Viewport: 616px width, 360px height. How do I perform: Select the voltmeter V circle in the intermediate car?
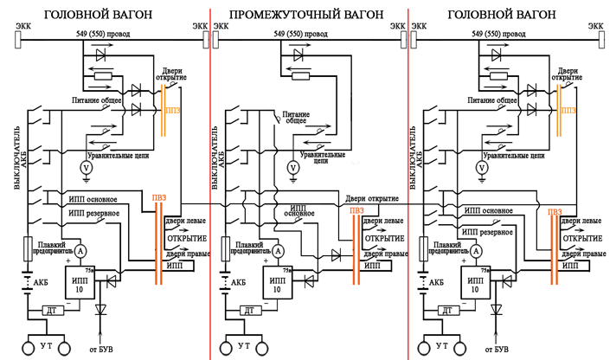(x=293, y=167)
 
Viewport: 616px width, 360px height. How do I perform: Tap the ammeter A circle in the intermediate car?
(x=279, y=250)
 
